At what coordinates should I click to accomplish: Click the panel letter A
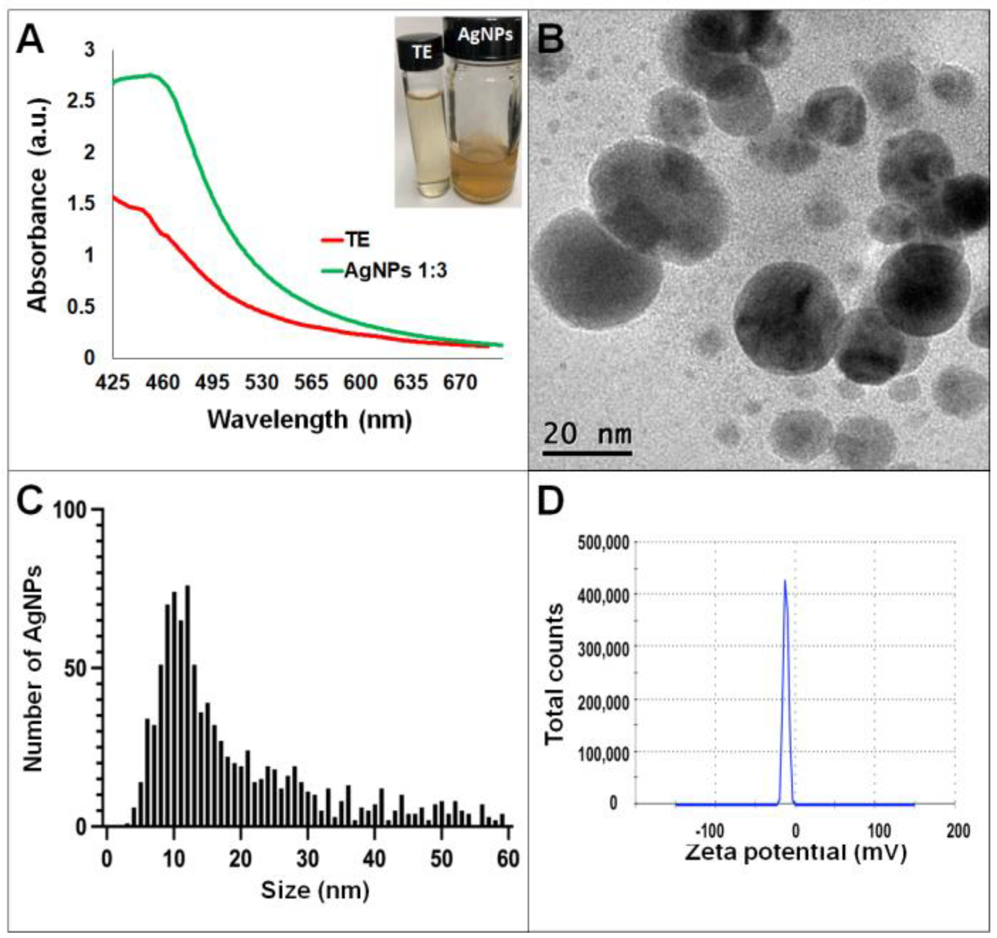click(30, 41)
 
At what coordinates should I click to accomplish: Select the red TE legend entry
click(345, 240)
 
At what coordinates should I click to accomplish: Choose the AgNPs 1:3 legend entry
click(384, 271)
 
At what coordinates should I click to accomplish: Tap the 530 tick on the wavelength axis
click(261, 383)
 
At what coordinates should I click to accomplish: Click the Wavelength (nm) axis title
click(309, 419)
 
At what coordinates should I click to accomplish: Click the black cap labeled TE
click(421, 51)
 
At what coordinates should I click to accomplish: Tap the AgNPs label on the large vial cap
click(485, 35)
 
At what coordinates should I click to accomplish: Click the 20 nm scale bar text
click(587, 434)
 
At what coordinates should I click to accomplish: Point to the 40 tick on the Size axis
click(374, 859)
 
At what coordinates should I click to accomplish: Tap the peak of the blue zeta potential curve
click(785, 581)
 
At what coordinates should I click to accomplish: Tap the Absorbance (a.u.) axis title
click(38, 204)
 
